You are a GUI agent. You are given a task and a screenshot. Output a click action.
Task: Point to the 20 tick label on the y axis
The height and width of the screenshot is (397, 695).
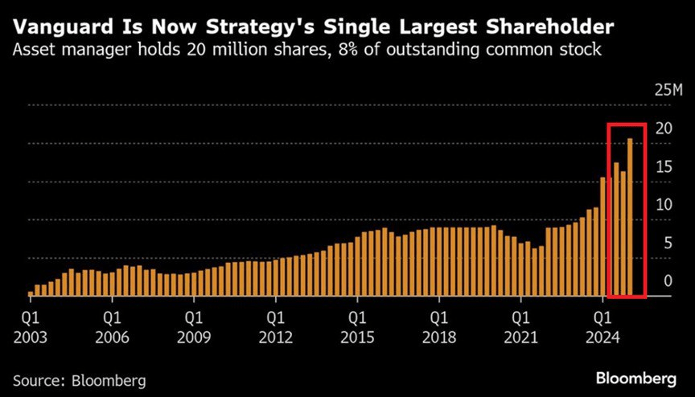click(664, 128)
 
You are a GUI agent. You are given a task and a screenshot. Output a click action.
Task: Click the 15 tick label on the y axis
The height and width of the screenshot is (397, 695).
click(664, 166)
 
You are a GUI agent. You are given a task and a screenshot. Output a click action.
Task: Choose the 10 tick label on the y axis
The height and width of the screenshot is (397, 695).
click(664, 205)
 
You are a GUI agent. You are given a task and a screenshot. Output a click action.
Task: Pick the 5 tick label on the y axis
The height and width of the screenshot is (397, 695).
click(667, 244)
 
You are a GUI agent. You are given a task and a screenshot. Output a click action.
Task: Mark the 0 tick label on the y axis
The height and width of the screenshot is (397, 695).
click(667, 281)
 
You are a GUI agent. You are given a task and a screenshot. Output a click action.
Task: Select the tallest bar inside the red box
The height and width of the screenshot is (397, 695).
click(631, 217)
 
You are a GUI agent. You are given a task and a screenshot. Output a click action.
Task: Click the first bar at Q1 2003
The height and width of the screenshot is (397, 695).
click(31, 293)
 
